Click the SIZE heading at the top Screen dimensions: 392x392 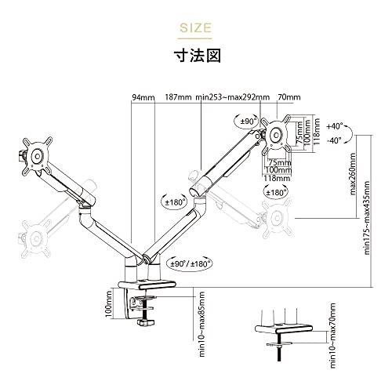[195, 27]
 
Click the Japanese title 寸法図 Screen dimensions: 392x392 [198, 56]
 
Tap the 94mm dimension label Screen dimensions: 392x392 [143, 97]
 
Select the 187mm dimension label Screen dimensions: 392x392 [178, 97]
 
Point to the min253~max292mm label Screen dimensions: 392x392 [233, 97]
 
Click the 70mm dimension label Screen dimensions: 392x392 [289, 97]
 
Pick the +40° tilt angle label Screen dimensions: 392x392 [335, 126]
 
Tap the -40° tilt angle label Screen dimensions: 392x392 [335, 140]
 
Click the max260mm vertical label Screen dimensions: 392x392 [353, 174]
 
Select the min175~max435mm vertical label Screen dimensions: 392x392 [367, 218]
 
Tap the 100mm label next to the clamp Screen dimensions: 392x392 [108, 304]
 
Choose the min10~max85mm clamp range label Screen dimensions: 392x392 [202, 325]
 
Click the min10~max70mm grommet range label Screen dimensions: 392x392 [332, 336]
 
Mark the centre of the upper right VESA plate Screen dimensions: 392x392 [276, 135]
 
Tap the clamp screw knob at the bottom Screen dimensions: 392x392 [145, 322]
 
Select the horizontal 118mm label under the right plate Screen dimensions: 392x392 [277, 179]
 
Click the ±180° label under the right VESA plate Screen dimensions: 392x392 [276, 193]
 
